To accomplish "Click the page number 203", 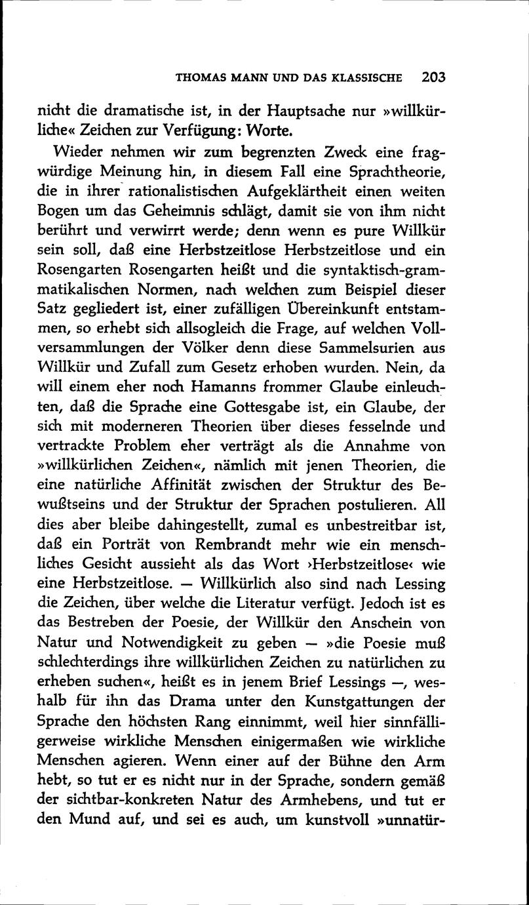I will (433, 77).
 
